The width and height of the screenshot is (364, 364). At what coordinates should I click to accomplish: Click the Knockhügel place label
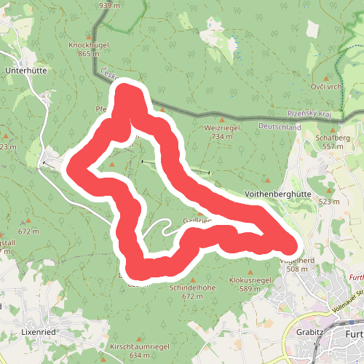[88, 44]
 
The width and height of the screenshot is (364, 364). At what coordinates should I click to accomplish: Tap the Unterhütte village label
[25, 71]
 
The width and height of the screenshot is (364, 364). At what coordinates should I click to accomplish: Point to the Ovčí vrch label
[325, 87]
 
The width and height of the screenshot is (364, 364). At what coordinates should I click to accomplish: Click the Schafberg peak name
[333, 137]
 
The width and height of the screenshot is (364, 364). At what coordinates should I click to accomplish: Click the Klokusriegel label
[250, 280]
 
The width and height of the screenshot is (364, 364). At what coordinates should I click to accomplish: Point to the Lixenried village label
[39, 331]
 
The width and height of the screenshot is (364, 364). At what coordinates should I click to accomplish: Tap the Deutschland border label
[280, 127]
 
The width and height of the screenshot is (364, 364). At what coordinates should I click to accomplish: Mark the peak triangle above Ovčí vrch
[325, 78]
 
